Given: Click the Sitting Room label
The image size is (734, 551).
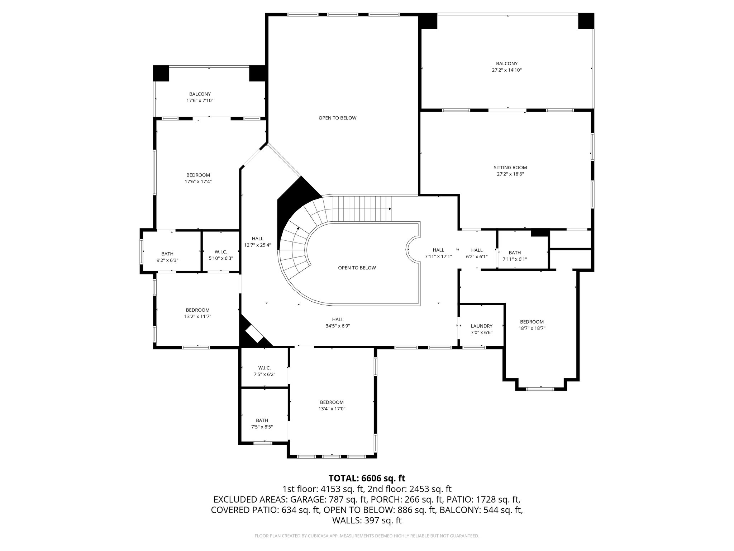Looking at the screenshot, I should coord(510,168).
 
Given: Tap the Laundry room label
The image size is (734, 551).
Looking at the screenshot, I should coord(481,326).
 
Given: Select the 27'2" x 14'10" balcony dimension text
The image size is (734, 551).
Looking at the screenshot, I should coord(506,70).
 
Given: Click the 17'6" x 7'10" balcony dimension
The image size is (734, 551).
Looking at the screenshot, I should coord(200,101).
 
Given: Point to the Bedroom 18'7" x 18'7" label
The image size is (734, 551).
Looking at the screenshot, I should coord(532,322).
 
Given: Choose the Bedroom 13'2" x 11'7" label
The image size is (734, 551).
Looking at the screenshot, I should coord(197,310).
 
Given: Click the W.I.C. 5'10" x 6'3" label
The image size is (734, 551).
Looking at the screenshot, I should coord(221,252).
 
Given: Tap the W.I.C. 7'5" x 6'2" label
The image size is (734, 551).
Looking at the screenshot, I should coord(264,368).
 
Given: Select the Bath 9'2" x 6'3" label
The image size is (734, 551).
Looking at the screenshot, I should coord(167,254).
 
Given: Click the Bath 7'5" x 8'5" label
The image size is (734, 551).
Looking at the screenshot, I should coord(262,420).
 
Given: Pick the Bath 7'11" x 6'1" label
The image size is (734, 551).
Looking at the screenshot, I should coord(515,253).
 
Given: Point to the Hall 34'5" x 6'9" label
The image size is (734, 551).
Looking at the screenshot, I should coord(338,319).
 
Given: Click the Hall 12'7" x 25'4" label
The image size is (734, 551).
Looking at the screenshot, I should coord(257,239).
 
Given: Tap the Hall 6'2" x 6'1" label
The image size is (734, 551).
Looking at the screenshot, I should coord(477,250).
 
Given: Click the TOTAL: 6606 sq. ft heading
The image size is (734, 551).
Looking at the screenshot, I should coord(367,478).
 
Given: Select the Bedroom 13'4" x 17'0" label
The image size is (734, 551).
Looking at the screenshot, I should coord(332,402).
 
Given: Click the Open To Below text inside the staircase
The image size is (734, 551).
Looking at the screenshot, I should coord(357,268).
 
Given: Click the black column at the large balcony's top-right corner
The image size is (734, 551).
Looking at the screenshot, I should coord(586,21).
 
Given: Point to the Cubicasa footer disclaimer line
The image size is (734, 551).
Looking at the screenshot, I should coord(367,536).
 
